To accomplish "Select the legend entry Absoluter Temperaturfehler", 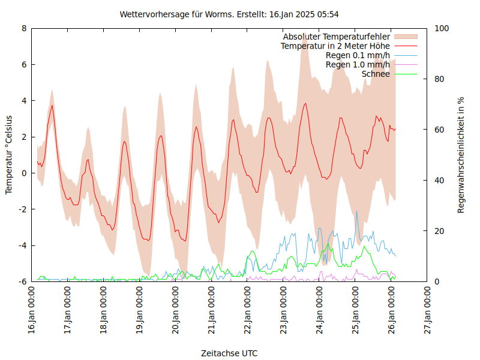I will pyautogui.click(x=337, y=37).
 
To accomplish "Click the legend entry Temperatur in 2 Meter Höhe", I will pyautogui.click(x=335, y=46).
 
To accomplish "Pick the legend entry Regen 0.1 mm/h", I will pyautogui.click(x=358, y=56).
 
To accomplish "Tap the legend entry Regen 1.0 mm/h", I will pyautogui.click(x=358, y=65).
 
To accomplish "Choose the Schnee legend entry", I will pyautogui.click(x=376, y=74).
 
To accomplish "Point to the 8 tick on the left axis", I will pyautogui.click(x=24, y=28).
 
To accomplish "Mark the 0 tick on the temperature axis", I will pyautogui.click(x=24, y=173).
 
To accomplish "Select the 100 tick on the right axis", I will pyautogui.click(x=442, y=28).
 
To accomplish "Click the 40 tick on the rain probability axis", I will pyautogui.click(x=439, y=181).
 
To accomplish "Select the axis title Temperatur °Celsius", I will pyautogui.click(x=9, y=155).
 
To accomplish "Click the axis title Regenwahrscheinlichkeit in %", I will pyautogui.click(x=461, y=155).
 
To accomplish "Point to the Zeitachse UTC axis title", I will pyautogui.click(x=230, y=353).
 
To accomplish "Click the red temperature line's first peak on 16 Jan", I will pyautogui.click(x=52, y=106).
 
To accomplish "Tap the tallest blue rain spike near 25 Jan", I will pyautogui.click(x=356, y=211).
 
